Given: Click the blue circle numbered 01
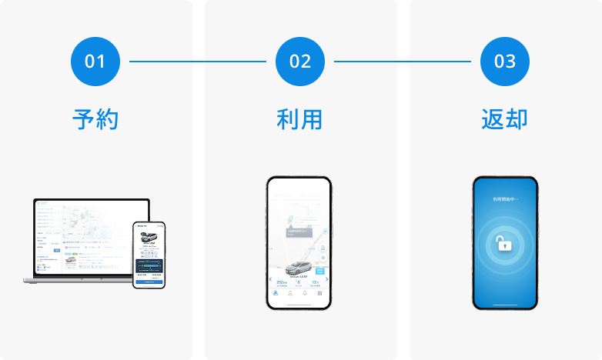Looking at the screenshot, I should (x=95, y=61).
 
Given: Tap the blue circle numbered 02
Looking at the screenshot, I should (x=300, y=61).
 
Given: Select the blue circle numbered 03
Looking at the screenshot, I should (x=505, y=61).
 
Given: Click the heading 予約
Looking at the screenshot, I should (x=95, y=119).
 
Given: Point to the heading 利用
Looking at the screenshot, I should (x=299, y=119).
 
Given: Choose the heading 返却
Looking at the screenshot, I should (x=505, y=119).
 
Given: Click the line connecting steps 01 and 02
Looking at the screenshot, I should (x=198, y=61).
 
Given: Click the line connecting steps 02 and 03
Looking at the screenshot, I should (x=403, y=61).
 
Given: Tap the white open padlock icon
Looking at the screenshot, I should (x=503, y=245).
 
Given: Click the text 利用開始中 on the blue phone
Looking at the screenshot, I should (x=505, y=198).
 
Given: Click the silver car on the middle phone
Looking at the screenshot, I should (x=299, y=268).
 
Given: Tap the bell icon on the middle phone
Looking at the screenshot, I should (x=305, y=294).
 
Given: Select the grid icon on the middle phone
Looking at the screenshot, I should (x=320, y=294).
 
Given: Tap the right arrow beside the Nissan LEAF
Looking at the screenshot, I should (x=327, y=281).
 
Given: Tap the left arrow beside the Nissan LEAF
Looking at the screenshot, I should (x=271, y=281).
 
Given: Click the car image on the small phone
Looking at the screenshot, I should (x=149, y=232).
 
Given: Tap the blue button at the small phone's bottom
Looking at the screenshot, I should (x=149, y=282).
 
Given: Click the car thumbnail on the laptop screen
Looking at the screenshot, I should (x=70, y=261).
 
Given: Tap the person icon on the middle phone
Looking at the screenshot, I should (x=290, y=294).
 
